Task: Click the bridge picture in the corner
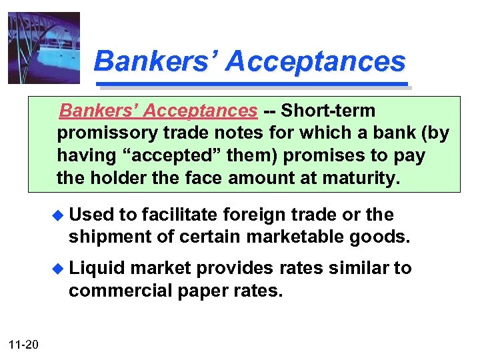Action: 44,48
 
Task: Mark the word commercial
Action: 116,290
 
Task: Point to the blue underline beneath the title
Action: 253,85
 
